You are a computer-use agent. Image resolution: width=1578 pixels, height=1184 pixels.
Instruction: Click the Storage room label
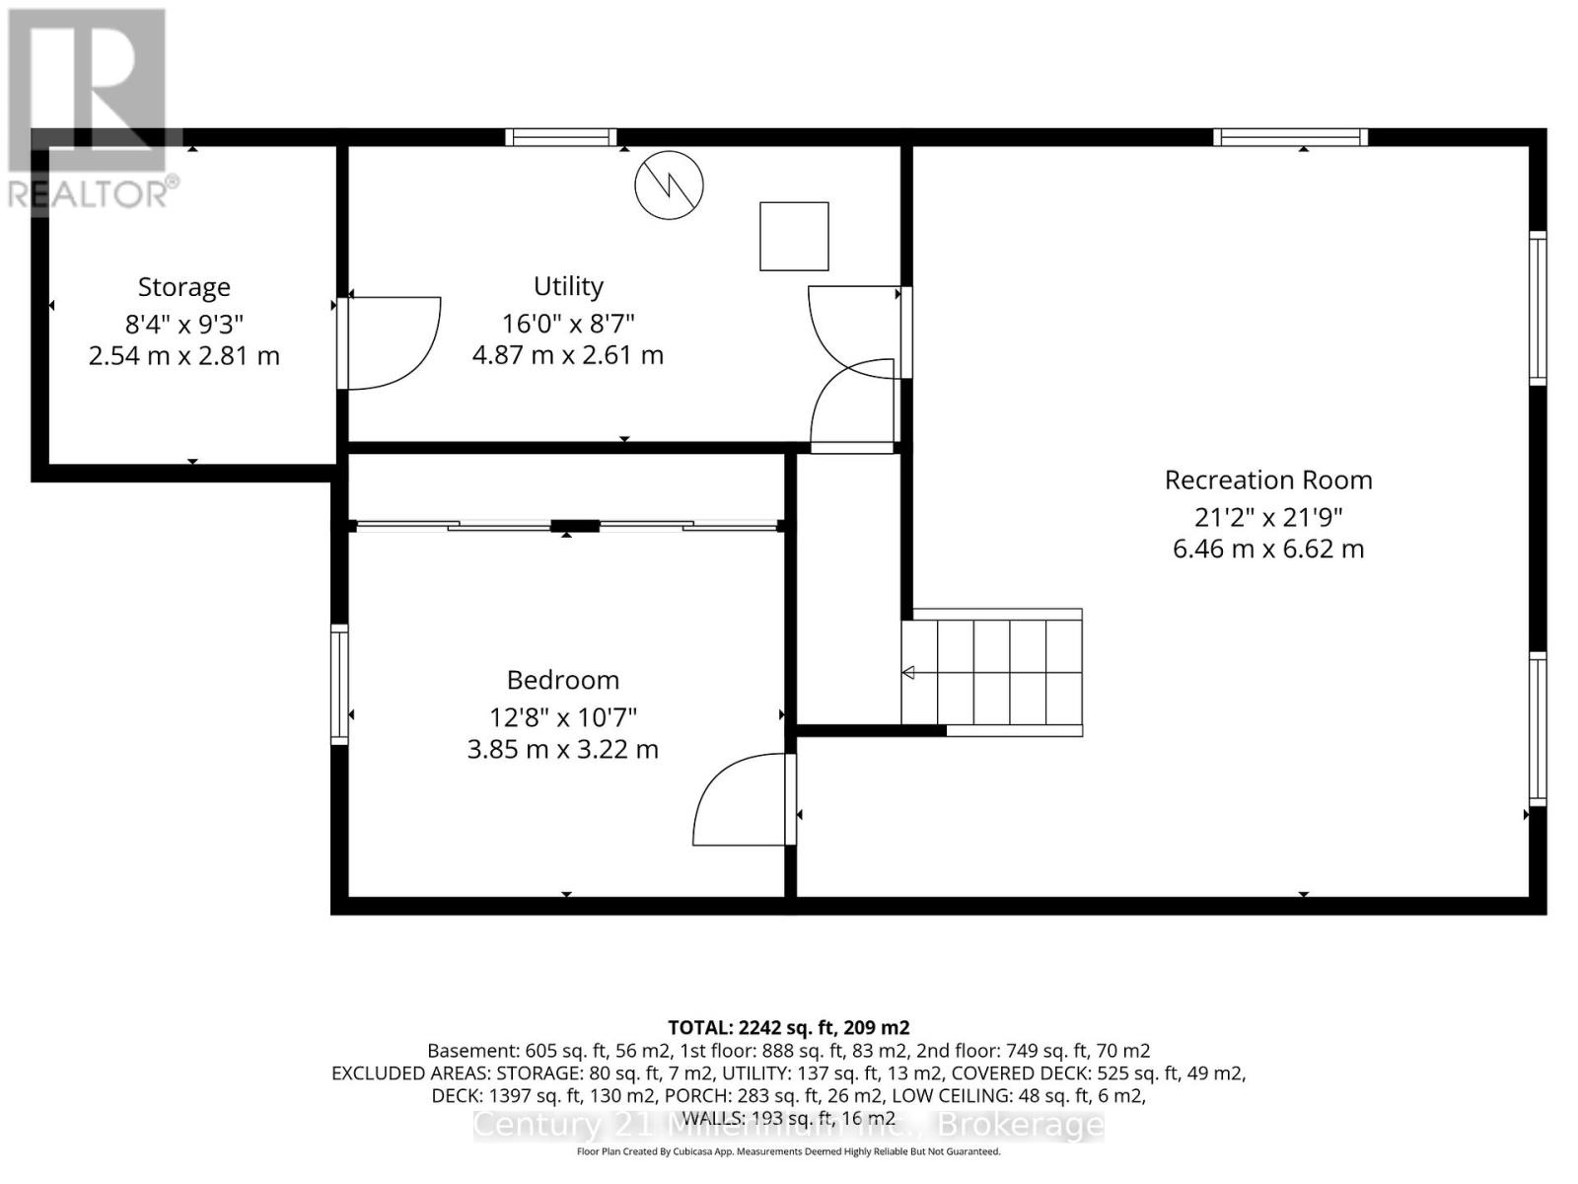(x=184, y=287)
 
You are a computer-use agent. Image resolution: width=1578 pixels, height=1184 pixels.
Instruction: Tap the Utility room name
(x=568, y=286)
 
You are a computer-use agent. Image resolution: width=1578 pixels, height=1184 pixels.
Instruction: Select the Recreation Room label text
(x=1268, y=481)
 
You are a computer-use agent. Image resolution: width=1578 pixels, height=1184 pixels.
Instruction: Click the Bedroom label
(x=563, y=680)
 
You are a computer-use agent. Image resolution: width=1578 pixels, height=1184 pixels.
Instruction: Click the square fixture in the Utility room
(x=794, y=236)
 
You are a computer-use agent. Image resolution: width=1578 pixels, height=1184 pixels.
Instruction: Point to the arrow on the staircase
(x=909, y=673)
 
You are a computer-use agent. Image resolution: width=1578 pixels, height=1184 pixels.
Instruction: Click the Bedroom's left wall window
(x=339, y=684)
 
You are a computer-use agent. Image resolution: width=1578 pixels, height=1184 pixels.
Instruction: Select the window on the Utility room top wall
(x=561, y=137)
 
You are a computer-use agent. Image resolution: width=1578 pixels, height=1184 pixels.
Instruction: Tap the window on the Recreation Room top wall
(x=1289, y=137)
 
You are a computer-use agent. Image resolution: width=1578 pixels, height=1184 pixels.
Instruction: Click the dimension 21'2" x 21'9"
(x=1268, y=517)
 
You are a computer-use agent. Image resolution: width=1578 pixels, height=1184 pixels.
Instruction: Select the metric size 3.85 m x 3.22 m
(x=563, y=750)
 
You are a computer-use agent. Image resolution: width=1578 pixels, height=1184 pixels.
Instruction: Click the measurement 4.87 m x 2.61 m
(x=568, y=355)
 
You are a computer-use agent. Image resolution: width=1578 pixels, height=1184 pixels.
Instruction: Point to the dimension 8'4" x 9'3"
(x=184, y=323)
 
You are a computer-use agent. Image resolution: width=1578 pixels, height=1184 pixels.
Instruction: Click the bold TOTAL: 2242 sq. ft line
(x=788, y=1027)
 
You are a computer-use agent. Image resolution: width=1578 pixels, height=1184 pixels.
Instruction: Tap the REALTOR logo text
(x=94, y=193)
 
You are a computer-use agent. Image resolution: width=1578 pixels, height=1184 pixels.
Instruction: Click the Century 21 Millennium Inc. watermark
(x=788, y=1125)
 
